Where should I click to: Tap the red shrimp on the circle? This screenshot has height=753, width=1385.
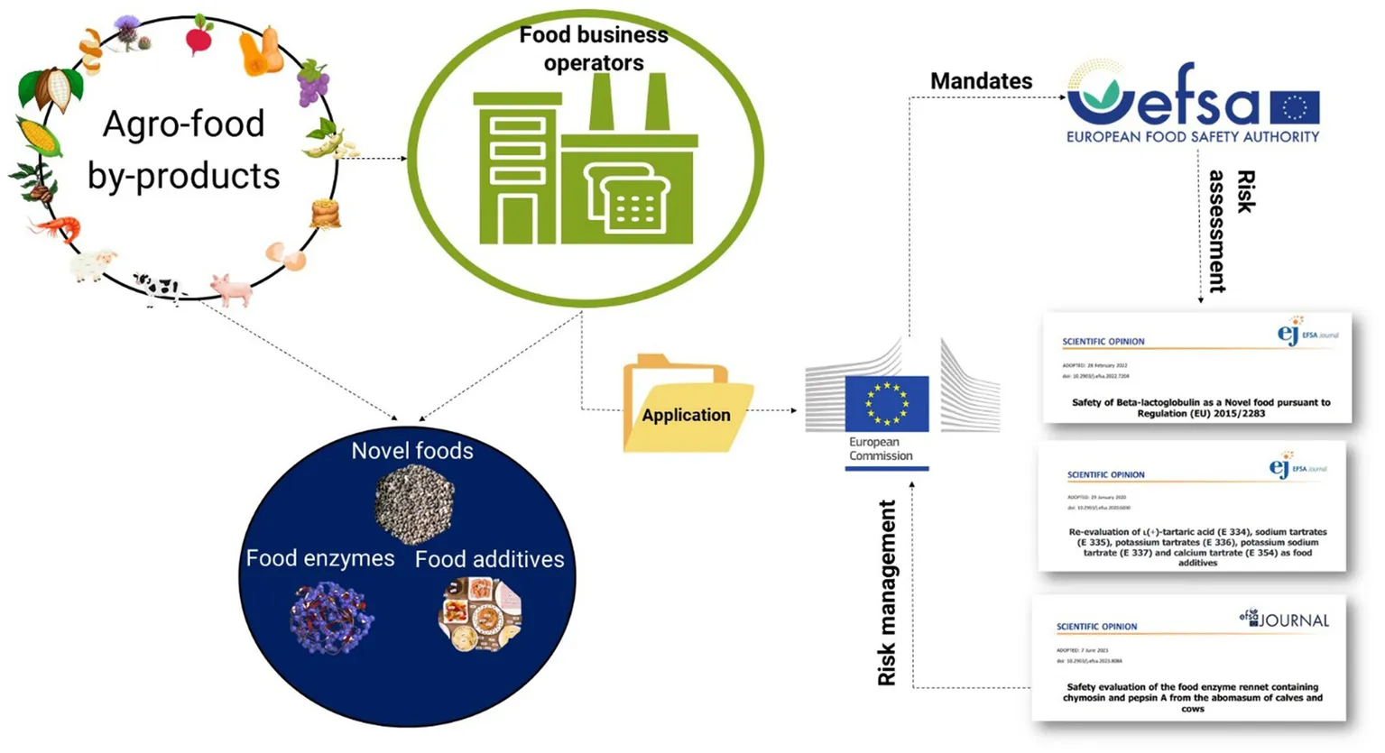click(x=57, y=228)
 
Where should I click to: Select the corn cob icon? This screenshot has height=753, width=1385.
click(x=40, y=136)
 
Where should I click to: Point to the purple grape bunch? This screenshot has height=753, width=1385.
click(x=313, y=83)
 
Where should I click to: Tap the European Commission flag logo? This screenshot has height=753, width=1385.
click(x=886, y=403)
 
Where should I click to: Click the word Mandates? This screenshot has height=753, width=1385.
click(x=981, y=81)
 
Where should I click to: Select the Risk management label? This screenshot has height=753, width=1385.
click(x=888, y=592)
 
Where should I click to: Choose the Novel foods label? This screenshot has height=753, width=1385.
click(x=412, y=450)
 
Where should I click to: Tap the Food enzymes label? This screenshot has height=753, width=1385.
click(x=319, y=558)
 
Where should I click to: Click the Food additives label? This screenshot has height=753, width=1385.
click(x=489, y=559)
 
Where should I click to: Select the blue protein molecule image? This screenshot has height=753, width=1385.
click(x=331, y=618)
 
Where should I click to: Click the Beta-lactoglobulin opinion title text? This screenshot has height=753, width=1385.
click(x=1200, y=408)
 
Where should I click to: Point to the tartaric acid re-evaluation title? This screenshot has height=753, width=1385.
click(x=1197, y=546)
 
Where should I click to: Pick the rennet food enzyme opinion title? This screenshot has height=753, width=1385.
click(x=1192, y=697)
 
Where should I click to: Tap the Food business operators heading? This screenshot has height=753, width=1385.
click(x=594, y=49)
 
